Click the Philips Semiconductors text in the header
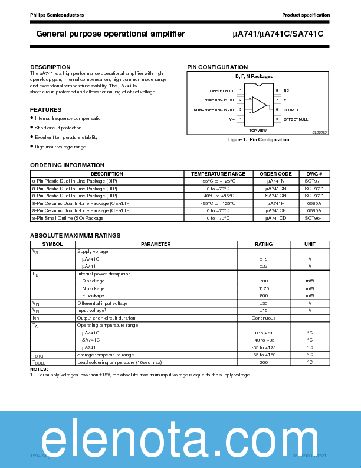coord(57,15)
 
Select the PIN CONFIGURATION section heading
coord(217,67)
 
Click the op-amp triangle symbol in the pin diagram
coord(259,105)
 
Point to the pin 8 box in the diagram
coord(277,90)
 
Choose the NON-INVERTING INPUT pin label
coord(214,109)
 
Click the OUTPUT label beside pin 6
coord(291,109)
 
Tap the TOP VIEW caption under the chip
coord(257,130)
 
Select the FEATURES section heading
coord(45,110)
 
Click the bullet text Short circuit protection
coord(58,128)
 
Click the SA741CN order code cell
coord(275,196)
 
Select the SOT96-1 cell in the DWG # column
coord(314,218)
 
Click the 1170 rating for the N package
coord(263,288)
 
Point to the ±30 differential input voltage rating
coord(263,303)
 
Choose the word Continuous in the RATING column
coord(263,318)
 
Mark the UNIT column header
coord(310,244)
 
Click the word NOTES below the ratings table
coord(39,369)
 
